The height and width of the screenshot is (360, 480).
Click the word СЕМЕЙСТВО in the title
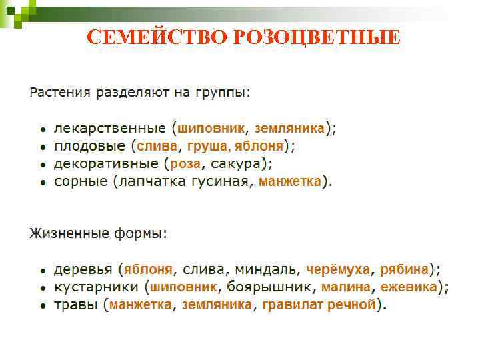(x=157, y=37)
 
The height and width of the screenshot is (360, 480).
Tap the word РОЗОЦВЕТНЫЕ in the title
(x=317, y=37)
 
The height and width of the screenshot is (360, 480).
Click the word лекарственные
(x=110, y=128)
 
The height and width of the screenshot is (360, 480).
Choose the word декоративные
(x=105, y=163)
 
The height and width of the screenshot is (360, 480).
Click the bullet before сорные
(x=42, y=182)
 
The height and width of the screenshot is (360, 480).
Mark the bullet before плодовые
(x=42, y=147)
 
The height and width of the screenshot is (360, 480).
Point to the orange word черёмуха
(x=337, y=270)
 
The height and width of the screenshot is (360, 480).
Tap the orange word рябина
(x=404, y=270)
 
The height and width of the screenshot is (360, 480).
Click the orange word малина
(x=345, y=287)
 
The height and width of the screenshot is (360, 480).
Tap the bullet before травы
(x=42, y=306)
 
